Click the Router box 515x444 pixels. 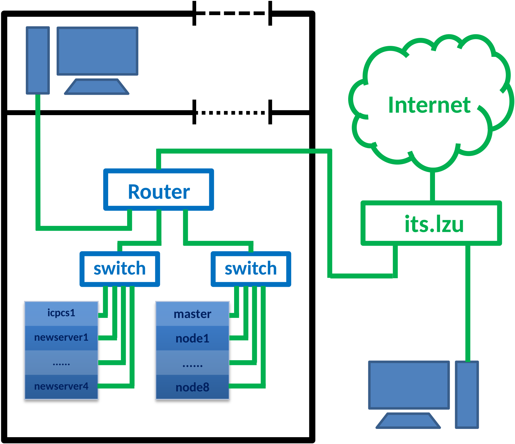tap(159, 190)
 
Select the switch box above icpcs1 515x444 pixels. tap(120, 269)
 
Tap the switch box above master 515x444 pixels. tap(251, 269)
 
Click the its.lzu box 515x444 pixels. tap(431, 223)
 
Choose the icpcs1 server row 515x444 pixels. tap(61, 313)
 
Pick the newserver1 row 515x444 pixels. tap(61, 338)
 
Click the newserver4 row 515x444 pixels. tap(61, 387)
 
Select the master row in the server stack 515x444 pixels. tap(193, 314)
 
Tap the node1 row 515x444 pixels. tap(193, 338)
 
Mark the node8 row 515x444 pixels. tap(193, 387)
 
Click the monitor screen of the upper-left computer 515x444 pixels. tap(97, 51)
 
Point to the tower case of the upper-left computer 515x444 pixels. tap(38, 60)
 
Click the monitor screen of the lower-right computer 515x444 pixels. tap(409, 385)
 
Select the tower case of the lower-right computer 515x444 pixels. tap(467, 395)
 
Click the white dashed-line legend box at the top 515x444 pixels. tap(232, 14)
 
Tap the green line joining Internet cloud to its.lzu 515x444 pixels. tap(432, 186)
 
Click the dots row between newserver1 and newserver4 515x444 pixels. tap(61, 363)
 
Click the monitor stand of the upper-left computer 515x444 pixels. tap(97, 87)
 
